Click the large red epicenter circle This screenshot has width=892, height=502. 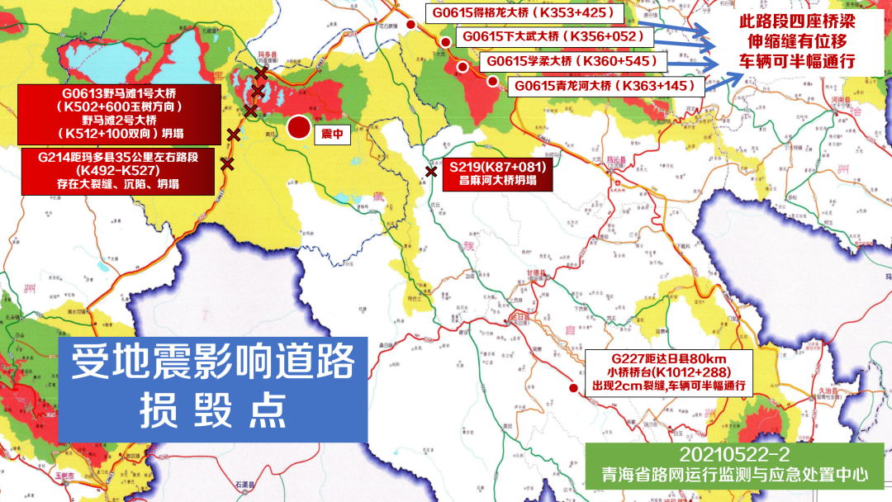click(x=299, y=127)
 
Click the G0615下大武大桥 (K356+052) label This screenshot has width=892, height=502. click(x=553, y=37)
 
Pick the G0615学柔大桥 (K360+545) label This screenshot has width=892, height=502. click(x=573, y=61)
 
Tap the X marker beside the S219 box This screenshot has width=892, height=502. click(x=431, y=172)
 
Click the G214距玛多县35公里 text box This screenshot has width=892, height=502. click(x=120, y=172)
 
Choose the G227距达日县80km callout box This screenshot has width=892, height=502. click(x=668, y=372)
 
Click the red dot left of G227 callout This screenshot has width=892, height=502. click(x=572, y=388)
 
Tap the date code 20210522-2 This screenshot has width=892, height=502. click(x=736, y=456)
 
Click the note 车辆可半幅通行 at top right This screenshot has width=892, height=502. click(x=796, y=63)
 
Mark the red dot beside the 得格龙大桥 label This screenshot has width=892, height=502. click(x=410, y=25)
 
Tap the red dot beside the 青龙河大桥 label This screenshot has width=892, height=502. click(x=492, y=81)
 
